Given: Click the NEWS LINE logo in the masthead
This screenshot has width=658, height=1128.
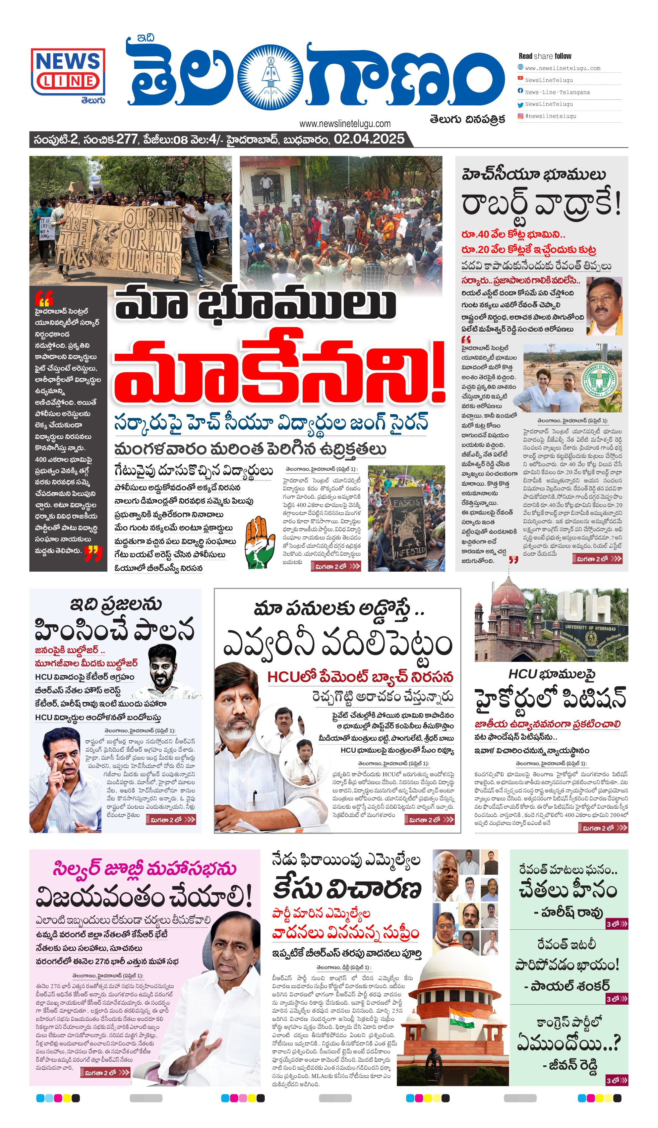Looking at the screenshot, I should (68, 72).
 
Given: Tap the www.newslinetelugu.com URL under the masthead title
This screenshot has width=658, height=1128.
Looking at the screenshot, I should (345, 124).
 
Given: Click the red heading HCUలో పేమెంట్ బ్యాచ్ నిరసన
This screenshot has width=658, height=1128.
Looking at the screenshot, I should (360, 677).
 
